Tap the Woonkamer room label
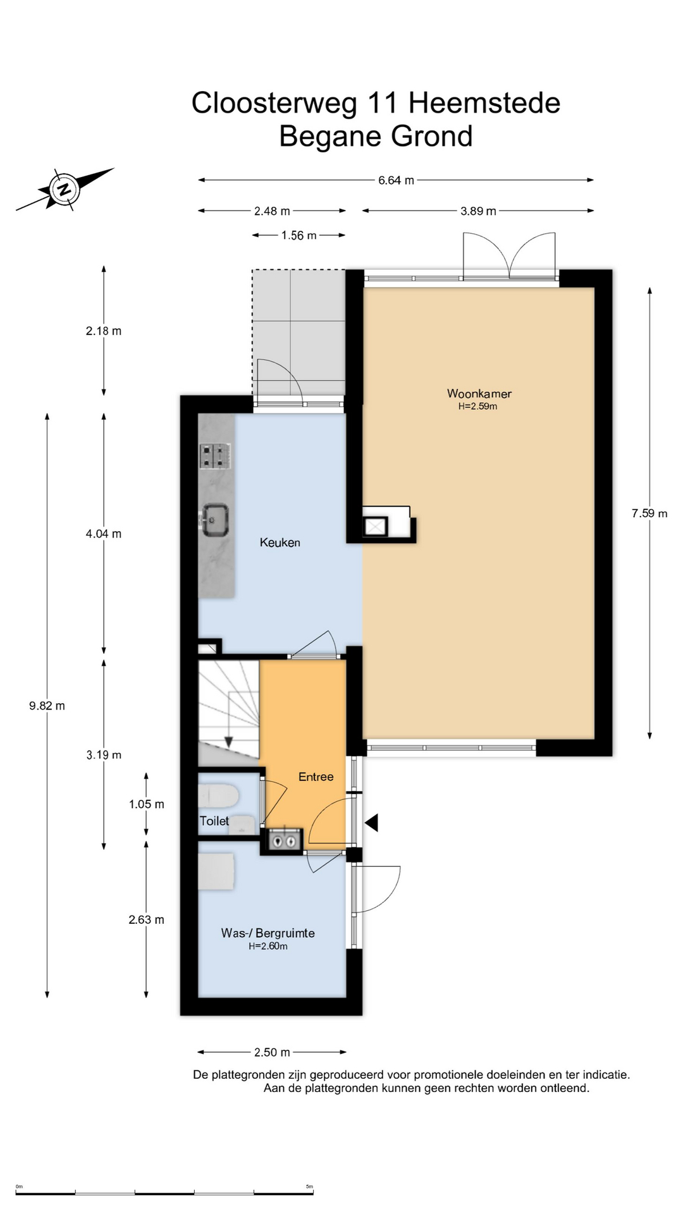(x=479, y=393)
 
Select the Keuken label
(x=280, y=543)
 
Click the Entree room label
(x=316, y=776)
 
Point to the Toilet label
(x=214, y=821)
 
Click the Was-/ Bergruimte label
(x=268, y=933)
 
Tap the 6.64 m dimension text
(x=396, y=180)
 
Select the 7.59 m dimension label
(x=649, y=513)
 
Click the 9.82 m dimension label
(x=47, y=706)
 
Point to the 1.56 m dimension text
(x=298, y=235)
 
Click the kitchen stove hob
(x=215, y=456)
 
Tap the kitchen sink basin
(x=214, y=520)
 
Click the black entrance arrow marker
(x=371, y=823)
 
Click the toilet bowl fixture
(x=218, y=795)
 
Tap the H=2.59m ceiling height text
(x=477, y=407)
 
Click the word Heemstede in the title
(x=484, y=103)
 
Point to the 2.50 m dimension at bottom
(x=272, y=1052)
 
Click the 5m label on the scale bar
(x=309, y=1186)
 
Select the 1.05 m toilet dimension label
(x=146, y=804)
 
